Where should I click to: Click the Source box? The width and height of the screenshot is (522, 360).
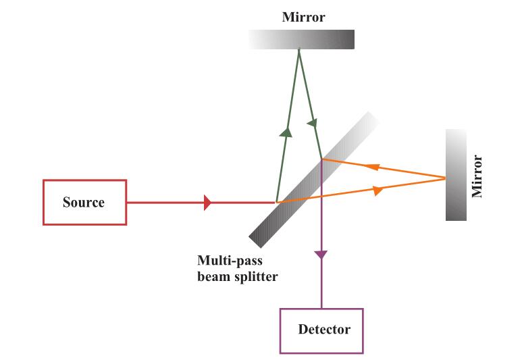coord(84,202)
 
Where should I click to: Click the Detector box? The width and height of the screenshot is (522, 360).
coord(321,330)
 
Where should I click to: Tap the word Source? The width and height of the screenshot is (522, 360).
coord(84,202)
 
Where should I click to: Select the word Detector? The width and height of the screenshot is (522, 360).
coord(324,330)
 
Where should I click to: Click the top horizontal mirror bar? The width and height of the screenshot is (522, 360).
coord(301,40)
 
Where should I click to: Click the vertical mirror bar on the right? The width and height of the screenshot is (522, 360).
coord(456,175)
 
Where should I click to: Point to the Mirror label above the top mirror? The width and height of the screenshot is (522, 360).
coord(303,18)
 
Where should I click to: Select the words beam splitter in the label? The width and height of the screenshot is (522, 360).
coord(237,276)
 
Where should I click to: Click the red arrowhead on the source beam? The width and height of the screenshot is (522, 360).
coord(208,202)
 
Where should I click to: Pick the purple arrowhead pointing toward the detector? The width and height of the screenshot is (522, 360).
coord(321,255)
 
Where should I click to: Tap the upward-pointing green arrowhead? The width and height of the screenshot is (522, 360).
coord(286,132)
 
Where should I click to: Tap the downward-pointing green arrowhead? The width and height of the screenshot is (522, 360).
coord(313,124)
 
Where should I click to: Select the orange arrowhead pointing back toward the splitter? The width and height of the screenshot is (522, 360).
coord(371,166)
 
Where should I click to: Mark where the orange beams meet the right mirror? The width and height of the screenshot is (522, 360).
coord(445,178)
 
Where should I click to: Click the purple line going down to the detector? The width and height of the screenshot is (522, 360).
coord(321,284)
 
